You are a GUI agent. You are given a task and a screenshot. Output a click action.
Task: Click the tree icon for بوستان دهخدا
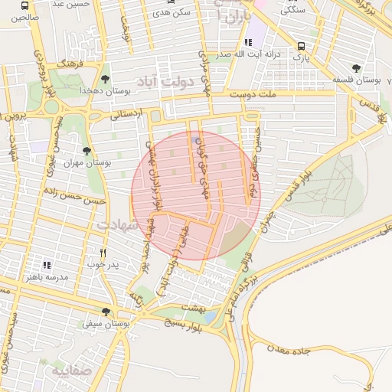tap(105, 78)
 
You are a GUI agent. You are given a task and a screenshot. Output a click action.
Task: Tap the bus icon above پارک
tap(302, 45)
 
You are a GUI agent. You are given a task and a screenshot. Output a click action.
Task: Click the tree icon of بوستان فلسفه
tap(355, 67)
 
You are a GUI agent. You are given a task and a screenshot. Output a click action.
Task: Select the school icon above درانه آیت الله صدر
tap(247, 43)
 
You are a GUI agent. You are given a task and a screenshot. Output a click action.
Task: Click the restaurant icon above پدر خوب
tap(103, 253)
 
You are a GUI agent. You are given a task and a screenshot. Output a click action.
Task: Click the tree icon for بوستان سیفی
tap(106, 312)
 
